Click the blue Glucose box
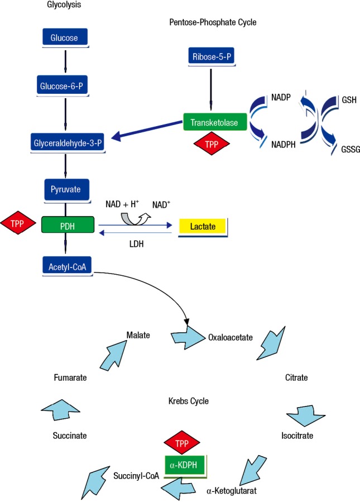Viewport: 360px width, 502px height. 65,37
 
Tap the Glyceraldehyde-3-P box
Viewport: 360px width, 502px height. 68,142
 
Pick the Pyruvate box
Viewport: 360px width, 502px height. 66,189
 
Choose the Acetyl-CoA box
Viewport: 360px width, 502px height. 67,266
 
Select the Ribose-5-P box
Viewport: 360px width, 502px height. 212,56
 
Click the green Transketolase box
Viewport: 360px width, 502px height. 215,122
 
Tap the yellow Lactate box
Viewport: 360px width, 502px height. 203,227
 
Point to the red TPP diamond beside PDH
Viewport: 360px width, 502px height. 18,223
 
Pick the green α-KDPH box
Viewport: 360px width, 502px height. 185,465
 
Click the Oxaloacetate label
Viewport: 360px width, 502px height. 231,337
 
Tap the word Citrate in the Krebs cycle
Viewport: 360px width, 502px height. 296,377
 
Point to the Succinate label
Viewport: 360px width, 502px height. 70,436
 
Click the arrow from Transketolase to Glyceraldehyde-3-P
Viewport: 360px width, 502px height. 147,131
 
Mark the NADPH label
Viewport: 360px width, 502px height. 283,145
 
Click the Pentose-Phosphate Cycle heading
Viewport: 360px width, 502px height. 213,22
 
